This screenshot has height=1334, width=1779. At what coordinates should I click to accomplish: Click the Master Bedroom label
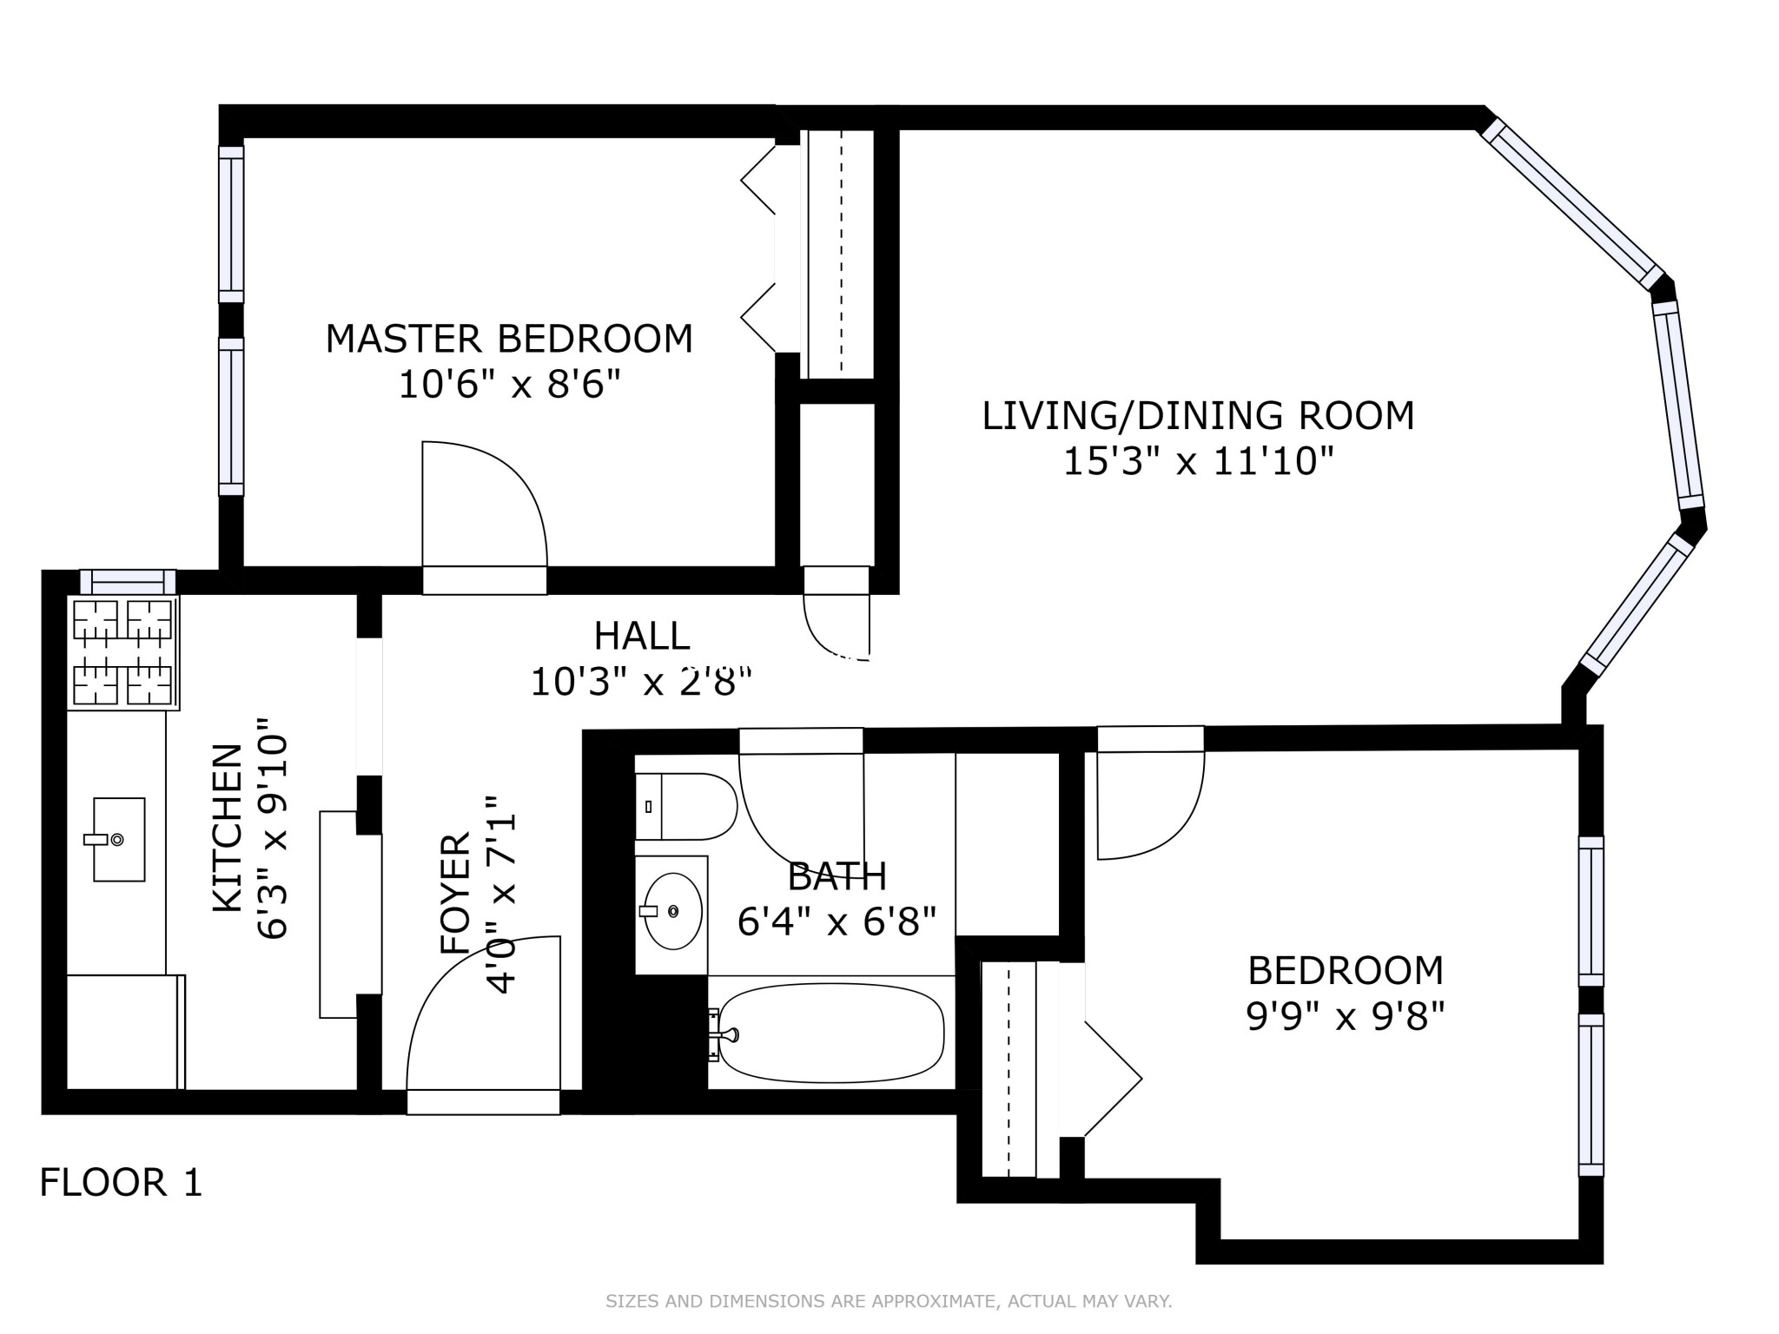click(509, 338)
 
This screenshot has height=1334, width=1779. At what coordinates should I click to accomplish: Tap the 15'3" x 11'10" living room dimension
click(1198, 460)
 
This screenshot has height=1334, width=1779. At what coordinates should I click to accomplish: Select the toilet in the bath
click(686, 806)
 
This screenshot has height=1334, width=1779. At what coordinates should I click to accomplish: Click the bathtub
click(831, 1033)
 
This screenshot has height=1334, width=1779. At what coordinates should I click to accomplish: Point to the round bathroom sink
click(672, 911)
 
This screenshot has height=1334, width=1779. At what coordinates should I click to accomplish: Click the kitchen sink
click(119, 839)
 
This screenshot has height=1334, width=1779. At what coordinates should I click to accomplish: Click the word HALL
click(642, 636)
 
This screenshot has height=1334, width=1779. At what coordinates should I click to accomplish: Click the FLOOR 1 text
click(121, 1183)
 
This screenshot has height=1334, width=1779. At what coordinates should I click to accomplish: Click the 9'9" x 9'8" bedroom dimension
click(1345, 1015)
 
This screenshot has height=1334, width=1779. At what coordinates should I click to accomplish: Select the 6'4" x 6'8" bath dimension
click(837, 921)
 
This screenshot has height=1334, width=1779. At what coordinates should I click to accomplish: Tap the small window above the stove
click(128, 581)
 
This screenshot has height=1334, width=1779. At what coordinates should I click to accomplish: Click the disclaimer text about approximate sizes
click(889, 1301)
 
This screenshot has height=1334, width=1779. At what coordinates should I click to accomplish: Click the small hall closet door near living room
click(836, 621)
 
